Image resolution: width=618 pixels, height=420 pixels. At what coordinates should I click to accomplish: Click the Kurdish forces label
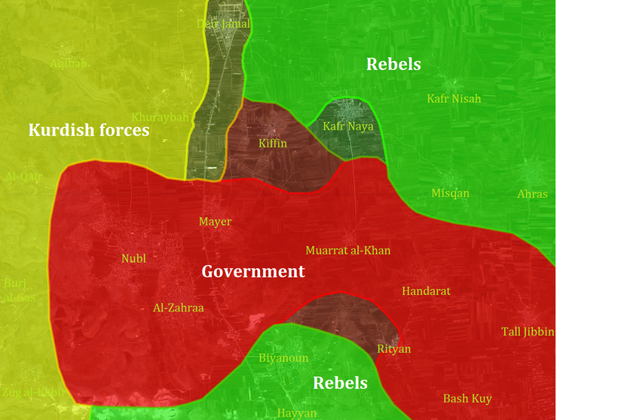pos(89,130)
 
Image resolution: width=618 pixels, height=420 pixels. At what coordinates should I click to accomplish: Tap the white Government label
pos(253,271)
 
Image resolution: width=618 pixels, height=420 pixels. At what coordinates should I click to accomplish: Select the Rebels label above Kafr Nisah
pos(393,64)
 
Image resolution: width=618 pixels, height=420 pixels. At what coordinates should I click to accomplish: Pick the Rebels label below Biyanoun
pos(341,383)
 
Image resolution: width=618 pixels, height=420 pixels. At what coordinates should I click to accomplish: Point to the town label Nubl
pos(133,259)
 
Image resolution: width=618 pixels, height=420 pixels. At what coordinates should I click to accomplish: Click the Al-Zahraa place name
pos(178,307)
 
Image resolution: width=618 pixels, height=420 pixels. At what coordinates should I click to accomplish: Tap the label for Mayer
pos(215,221)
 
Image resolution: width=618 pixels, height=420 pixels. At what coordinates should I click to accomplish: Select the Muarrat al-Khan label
pos(348,250)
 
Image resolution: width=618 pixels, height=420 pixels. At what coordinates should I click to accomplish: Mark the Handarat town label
pos(426,291)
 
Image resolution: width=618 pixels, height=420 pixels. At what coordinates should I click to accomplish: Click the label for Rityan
pos(394,348)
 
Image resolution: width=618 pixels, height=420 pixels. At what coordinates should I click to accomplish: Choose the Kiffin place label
pos(273,143)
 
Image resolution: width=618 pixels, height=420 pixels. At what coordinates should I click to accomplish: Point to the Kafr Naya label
pos(348,126)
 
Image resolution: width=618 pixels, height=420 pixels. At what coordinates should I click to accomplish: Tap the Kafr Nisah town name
pos(454,99)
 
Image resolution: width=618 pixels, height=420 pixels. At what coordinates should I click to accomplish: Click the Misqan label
pos(450,193)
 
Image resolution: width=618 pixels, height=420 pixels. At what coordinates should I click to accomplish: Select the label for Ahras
pos(532,194)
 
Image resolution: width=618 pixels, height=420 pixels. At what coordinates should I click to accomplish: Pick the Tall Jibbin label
pos(528,332)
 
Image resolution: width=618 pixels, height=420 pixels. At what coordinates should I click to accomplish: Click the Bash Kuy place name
pos(467,398)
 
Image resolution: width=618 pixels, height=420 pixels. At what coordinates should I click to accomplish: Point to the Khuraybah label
pos(160,117)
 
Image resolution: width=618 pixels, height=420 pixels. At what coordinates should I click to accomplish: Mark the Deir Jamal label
pos(224,24)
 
